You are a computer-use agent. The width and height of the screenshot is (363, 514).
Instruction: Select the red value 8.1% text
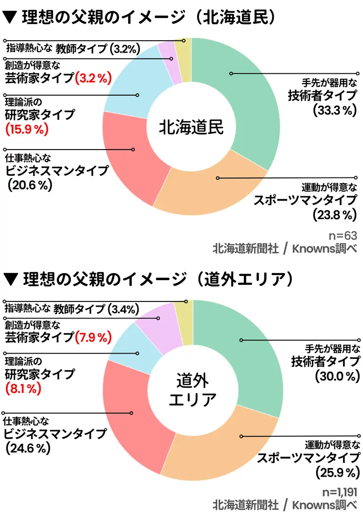[23, 389]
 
